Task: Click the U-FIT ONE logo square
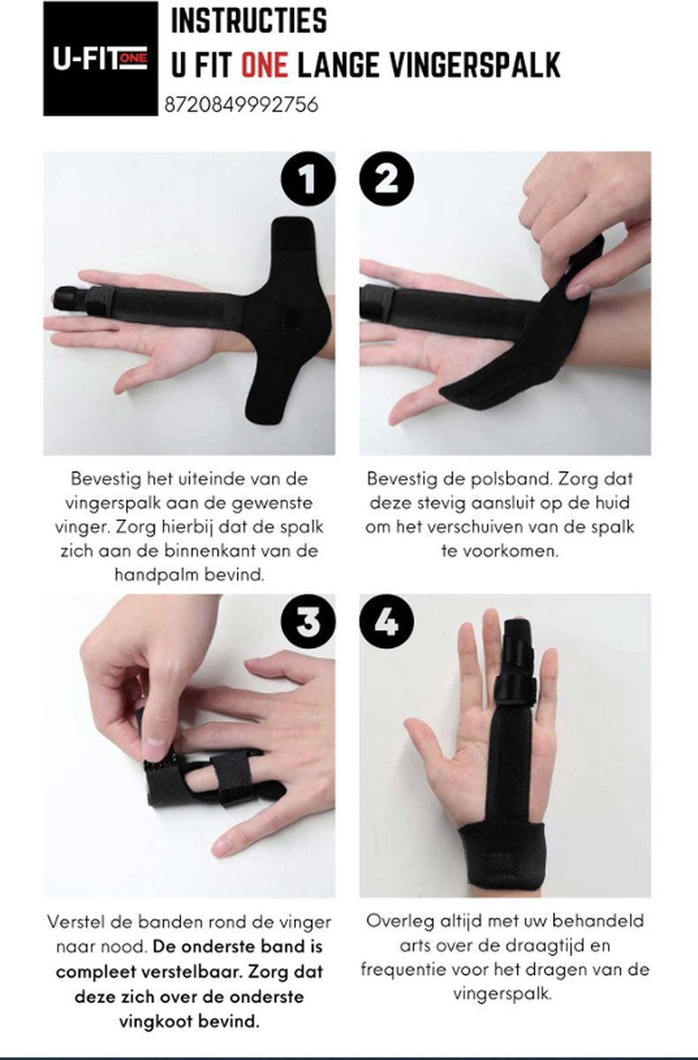101,58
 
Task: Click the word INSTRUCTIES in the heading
249,21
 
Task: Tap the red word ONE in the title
264,64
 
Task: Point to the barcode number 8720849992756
241,104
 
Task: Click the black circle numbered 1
308,178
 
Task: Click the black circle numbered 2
387,178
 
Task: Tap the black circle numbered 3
308,622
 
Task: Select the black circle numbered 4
387,622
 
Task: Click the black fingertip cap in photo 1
69,299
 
